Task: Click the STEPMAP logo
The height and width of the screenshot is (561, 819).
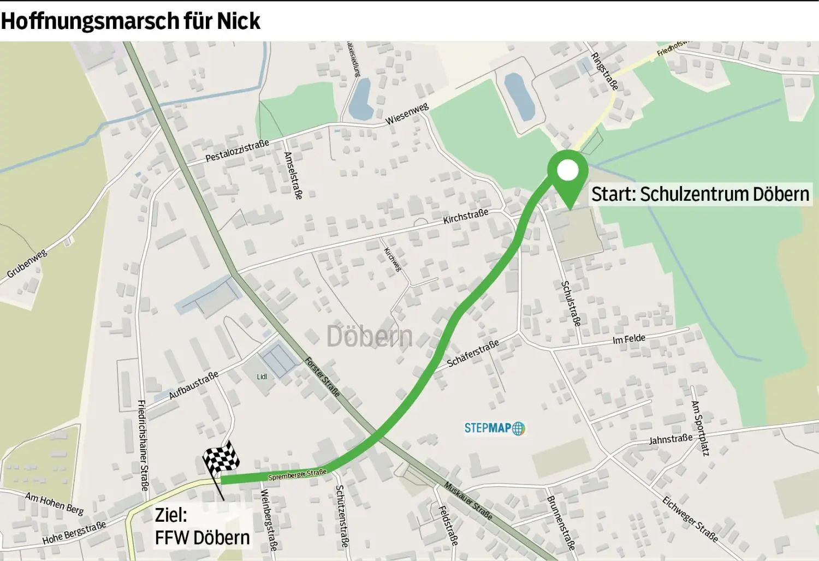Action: [494, 428]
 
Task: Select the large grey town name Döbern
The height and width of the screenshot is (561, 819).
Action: [369, 336]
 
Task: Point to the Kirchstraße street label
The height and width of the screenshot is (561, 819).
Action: [466, 217]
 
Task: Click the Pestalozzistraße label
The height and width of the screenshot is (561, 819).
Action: [237, 151]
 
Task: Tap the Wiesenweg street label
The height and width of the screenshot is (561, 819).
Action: [407, 114]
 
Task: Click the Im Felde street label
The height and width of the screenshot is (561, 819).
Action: [629, 339]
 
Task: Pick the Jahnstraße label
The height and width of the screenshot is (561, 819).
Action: [670, 439]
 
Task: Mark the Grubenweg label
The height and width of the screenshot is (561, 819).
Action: [27, 264]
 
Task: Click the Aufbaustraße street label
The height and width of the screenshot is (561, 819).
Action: [193, 385]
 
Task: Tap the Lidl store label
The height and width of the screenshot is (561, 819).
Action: [262, 377]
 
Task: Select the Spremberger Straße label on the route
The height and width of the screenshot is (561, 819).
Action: [297, 475]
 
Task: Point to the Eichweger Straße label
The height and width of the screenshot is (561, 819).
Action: [690, 518]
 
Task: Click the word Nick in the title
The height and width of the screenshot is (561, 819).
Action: [239, 21]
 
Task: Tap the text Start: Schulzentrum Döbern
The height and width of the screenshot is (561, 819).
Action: [700, 194]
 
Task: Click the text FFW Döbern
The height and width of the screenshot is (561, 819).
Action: [202, 538]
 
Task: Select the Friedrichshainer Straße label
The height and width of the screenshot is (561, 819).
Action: [143, 445]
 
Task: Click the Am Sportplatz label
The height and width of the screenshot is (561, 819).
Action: [700, 428]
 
